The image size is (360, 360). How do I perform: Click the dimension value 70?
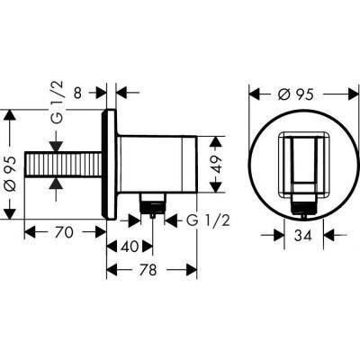pos(62,231)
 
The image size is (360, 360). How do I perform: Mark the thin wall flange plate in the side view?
pos(111,163)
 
